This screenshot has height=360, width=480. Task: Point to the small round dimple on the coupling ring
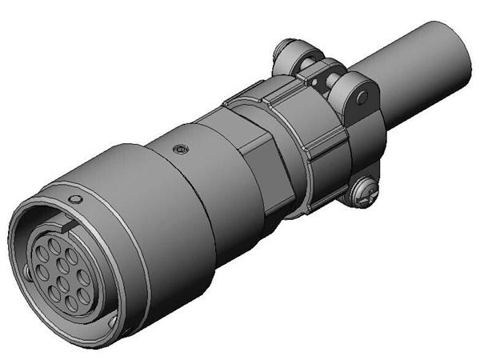tap(75, 198)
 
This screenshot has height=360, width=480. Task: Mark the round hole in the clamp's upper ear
tap(362, 98)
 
